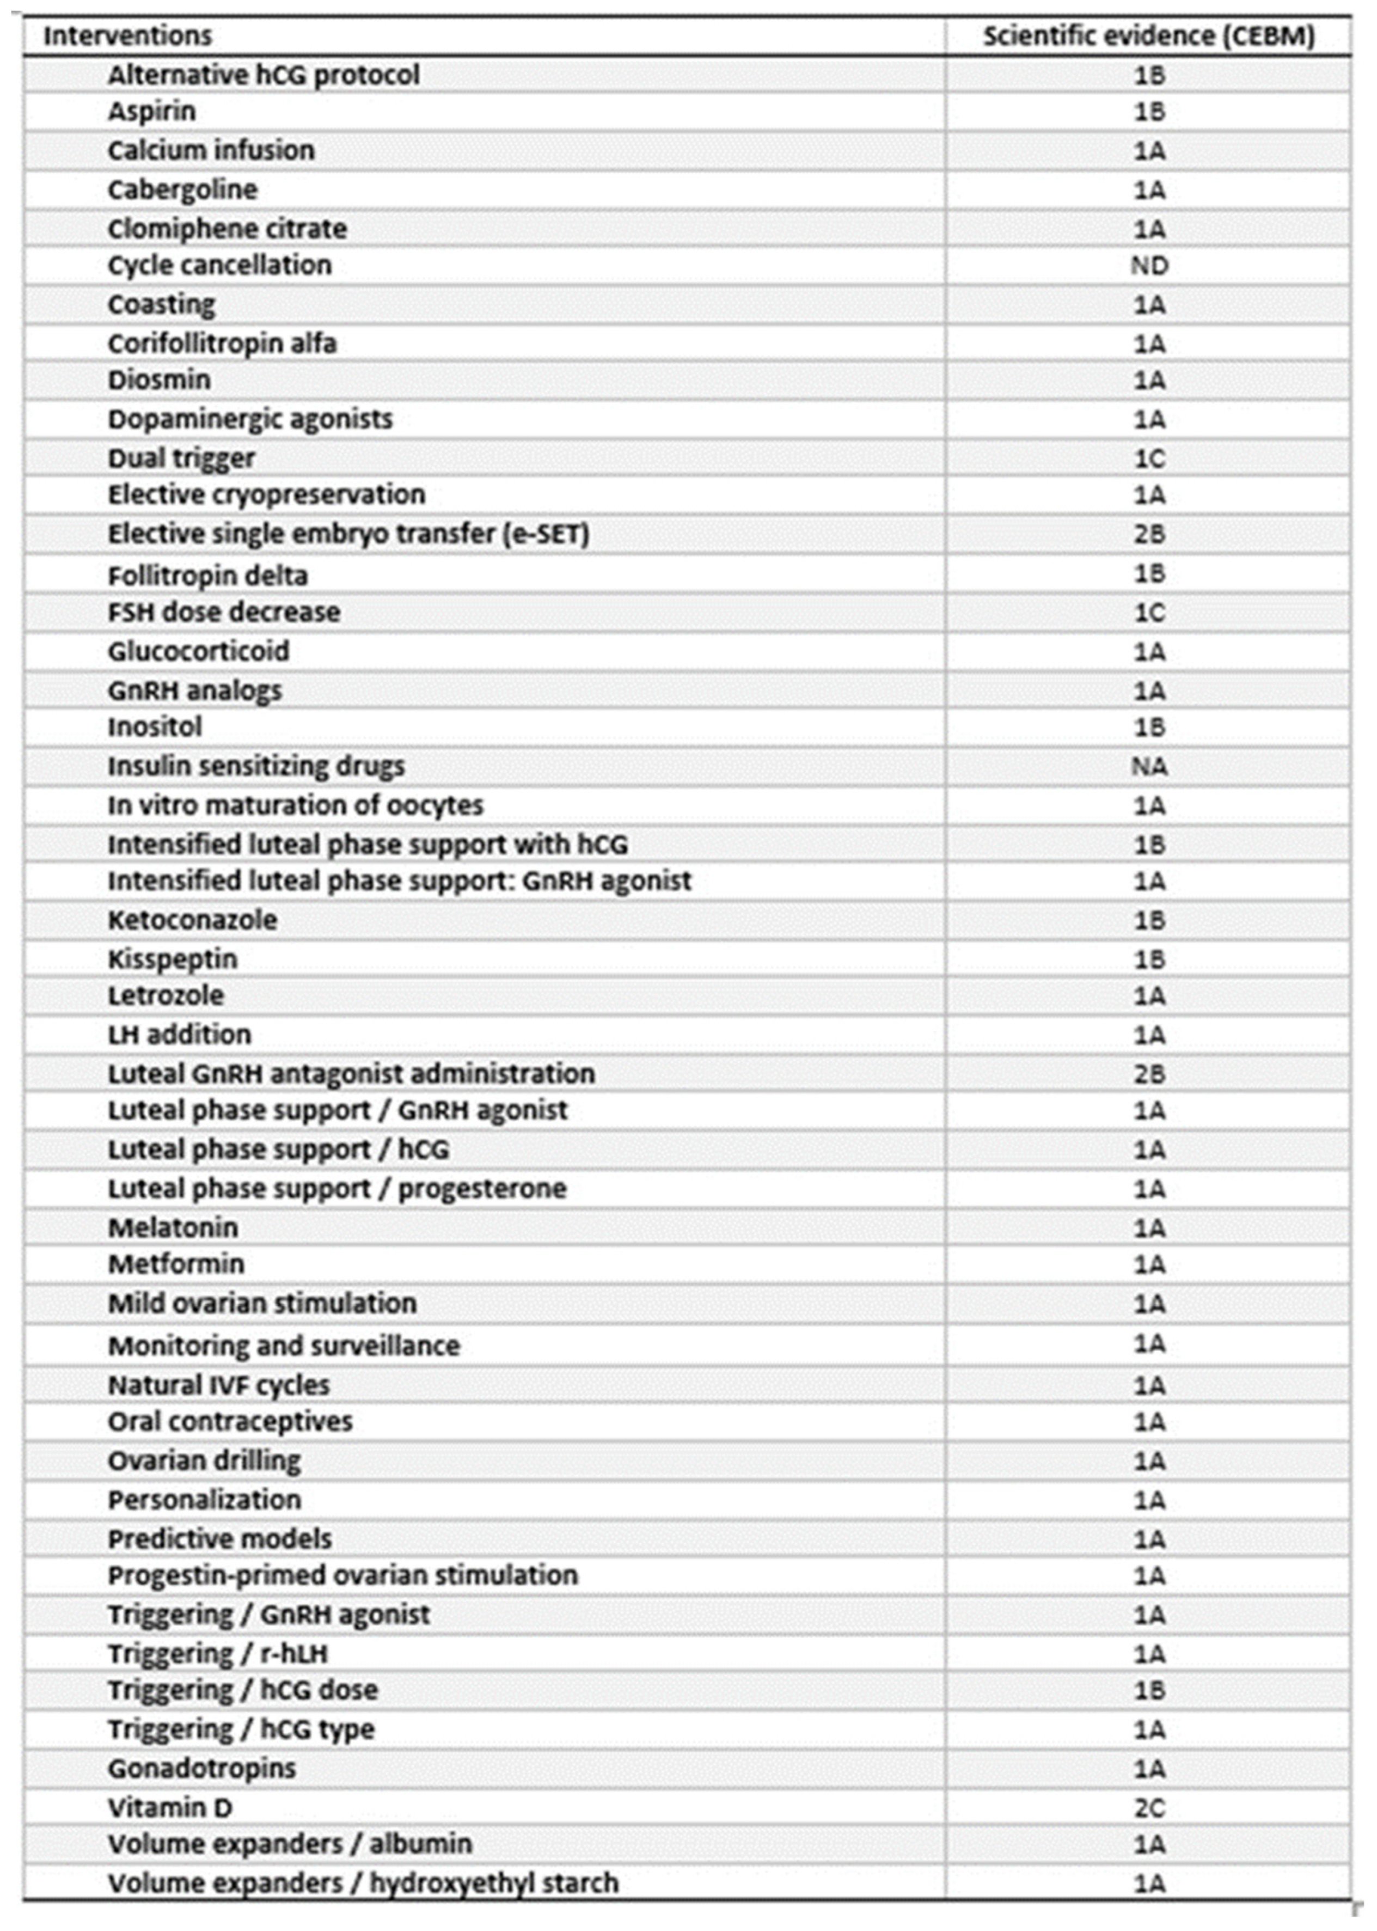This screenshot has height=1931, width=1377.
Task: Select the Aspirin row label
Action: coord(152,111)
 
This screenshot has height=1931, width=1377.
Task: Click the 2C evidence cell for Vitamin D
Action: coord(1149,1808)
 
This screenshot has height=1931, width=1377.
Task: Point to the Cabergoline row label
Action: coord(182,189)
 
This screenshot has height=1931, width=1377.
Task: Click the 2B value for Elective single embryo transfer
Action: coord(1149,534)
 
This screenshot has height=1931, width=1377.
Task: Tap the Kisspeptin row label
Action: coord(172,959)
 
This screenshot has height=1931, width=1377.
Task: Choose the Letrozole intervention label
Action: coord(166,995)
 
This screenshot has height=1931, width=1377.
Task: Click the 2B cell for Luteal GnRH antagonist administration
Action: coord(1149,1074)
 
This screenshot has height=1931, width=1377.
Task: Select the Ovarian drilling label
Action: coord(204,1461)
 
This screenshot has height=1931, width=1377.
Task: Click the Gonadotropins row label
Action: coord(202,1768)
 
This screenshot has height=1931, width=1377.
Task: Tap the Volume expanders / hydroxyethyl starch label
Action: coord(363,1883)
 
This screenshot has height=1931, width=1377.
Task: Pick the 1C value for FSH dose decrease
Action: coord(1149,612)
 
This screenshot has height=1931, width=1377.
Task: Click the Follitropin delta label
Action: coord(208,576)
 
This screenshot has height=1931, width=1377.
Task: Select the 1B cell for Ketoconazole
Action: coord(1149,920)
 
